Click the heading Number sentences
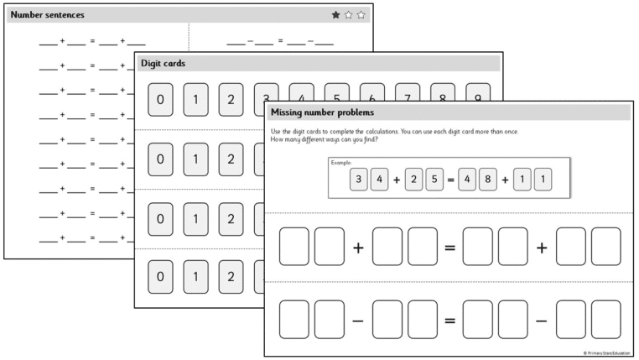47,15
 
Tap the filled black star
336,15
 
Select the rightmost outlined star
361,15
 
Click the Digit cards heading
163,63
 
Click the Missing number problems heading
322,112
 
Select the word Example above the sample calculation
341,162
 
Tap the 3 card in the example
359,179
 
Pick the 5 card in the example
434,179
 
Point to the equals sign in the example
449,180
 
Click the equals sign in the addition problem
449,247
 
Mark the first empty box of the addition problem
294,247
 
